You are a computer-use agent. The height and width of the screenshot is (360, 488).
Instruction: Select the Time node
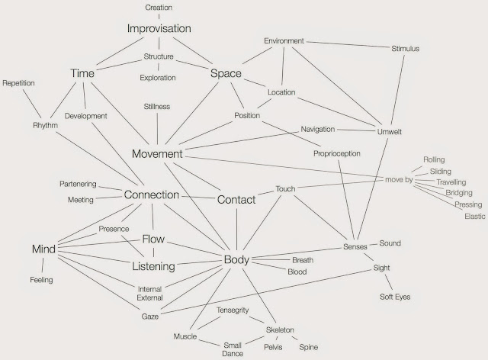(82, 73)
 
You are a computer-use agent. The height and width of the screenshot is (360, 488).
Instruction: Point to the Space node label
(226, 74)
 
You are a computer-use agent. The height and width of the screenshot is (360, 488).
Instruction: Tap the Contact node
(236, 200)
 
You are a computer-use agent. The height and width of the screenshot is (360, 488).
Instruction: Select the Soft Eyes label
(394, 296)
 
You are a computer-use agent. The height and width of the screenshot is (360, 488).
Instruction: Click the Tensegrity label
(232, 311)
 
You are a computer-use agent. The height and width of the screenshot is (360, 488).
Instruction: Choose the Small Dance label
(233, 349)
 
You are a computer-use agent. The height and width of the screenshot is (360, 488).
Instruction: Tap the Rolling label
(433, 160)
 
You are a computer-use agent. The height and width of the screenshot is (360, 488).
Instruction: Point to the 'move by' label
(397, 178)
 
